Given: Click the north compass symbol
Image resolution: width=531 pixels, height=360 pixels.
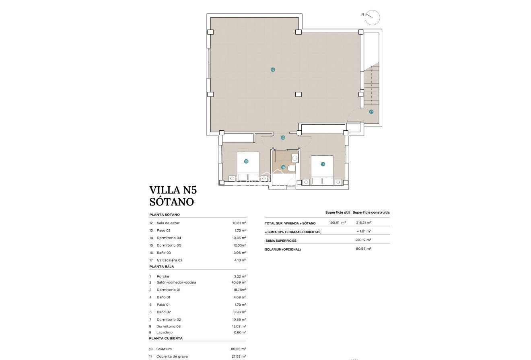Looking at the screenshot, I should point(373,17).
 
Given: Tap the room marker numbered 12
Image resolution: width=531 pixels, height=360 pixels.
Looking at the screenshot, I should point(273,70).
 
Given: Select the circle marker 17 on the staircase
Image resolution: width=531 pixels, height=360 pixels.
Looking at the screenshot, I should point(371,112).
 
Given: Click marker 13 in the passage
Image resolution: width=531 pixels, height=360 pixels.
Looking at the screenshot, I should point(283,138).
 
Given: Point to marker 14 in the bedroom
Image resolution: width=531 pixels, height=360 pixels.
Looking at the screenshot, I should point(323,164).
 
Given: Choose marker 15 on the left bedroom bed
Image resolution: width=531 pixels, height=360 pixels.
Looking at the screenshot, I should point(246,161).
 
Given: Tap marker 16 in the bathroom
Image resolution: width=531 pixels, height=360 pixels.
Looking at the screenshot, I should point(283,167).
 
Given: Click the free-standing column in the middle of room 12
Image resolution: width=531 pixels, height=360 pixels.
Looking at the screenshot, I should point(298,94).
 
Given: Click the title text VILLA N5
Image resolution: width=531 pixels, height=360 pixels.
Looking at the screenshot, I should point(173,189).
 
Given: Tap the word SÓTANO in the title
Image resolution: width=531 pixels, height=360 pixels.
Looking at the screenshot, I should point(171,202).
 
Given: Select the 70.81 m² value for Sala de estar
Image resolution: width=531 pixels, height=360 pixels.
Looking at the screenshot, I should point(239,223).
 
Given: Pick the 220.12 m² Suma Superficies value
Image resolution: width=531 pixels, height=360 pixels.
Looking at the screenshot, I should point(363,240).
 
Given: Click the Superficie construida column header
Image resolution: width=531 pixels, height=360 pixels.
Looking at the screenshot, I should point(371,212).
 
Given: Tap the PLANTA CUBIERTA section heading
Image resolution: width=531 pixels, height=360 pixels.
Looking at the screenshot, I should point(166,338).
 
